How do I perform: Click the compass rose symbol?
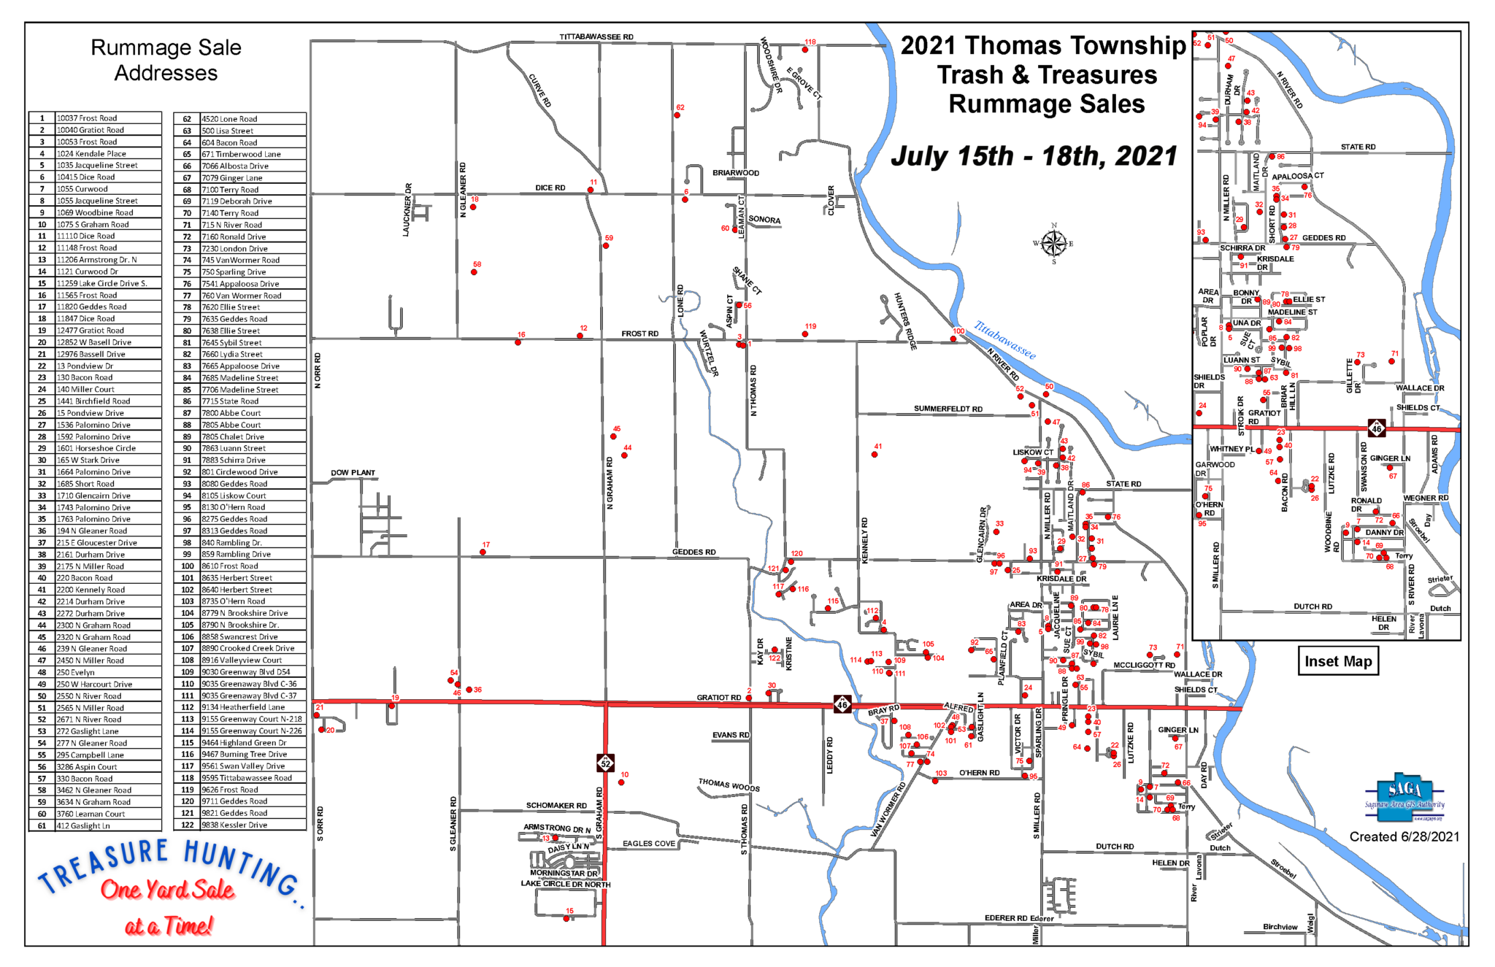pos(1053,243)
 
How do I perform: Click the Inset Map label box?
pos(1338,661)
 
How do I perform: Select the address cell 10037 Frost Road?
pos(108,118)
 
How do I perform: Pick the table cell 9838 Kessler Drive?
pos(253,825)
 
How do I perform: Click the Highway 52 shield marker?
pos(605,763)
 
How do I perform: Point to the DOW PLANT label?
pos(353,473)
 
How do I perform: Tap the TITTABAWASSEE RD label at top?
pos(596,36)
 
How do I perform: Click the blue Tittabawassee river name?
pos(1004,340)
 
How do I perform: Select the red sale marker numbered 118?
pos(805,50)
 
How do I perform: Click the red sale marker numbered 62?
pos(677,115)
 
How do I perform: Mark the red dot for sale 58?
pos(474,272)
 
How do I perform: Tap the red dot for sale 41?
pos(875,454)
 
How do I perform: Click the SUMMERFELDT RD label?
pos(948,409)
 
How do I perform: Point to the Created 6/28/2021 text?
pos(1404,837)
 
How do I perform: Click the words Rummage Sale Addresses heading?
pos(166,60)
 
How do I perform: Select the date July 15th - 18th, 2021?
pos(1034,156)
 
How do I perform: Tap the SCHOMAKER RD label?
pos(556,806)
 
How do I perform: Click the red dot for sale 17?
pos(483,552)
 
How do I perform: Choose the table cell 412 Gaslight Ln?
pos(108,825)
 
